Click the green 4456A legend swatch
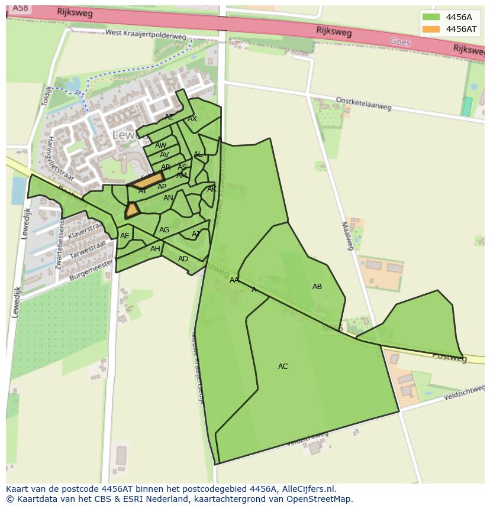click(431, 17)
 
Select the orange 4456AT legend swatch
click(431, 29)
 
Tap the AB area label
click(317, 287)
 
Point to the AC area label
click(283, 367)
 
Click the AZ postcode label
click(169, 117)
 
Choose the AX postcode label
click(192, 119)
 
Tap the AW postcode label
click(161, 145)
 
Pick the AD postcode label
click(183, 259)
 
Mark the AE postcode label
click(125, 236)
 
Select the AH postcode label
click(155, 249)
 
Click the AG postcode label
click(165, 230)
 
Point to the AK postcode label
click(212, 189)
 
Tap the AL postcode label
click(198, 154)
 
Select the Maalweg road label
click(347, 235)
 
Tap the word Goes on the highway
click(400, 42)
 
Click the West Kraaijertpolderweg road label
click(146, 35)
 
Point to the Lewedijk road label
click(25, 223)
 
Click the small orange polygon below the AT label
click(131, 210)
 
